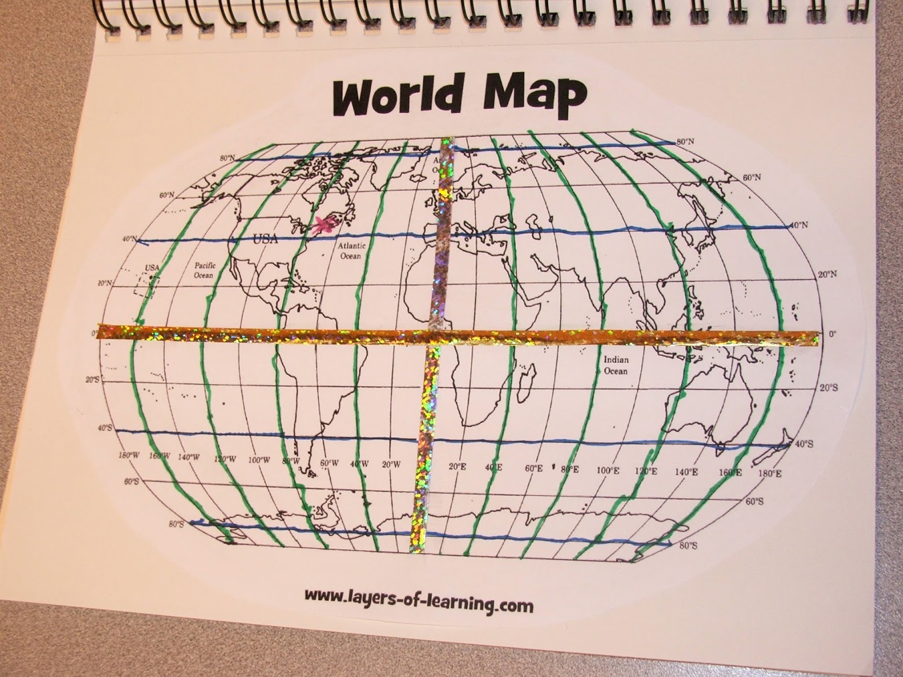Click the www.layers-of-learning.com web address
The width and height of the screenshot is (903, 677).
(418, 606)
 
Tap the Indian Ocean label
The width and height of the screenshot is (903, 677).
(616, 365)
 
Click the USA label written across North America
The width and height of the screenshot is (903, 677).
(265, 239)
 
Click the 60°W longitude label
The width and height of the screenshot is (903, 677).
(328, 463)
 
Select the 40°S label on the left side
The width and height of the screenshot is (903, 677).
(105, 429)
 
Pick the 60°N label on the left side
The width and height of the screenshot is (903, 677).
(167, 195)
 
